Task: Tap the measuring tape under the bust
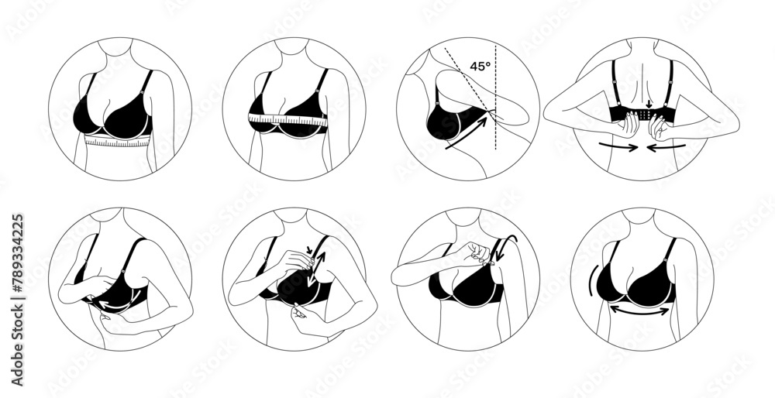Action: (x=116, y=142)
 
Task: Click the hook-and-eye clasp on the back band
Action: (x=642, y=115)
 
